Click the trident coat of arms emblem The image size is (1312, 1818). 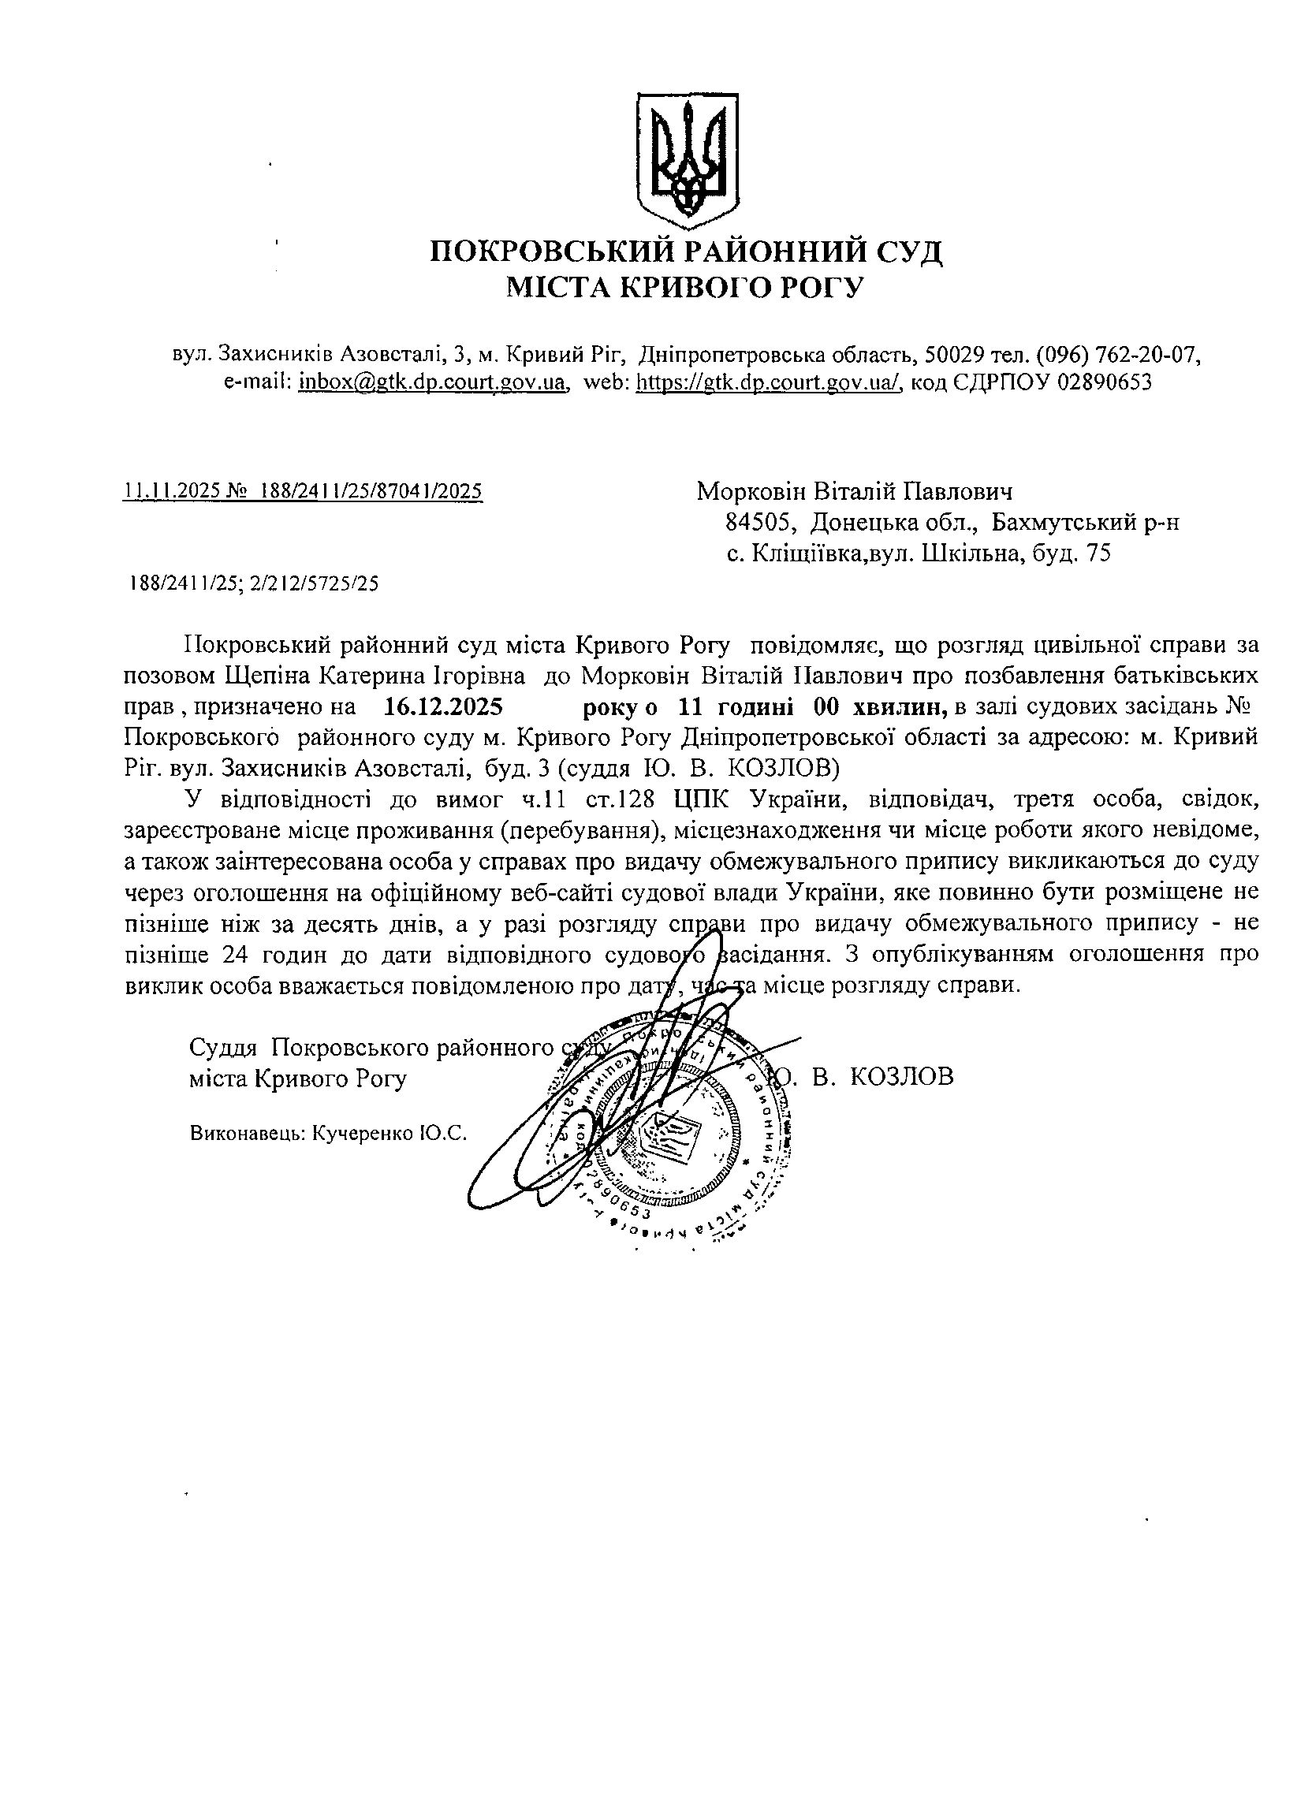click(686, 159)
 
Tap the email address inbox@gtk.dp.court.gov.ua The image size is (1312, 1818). click(433, 382)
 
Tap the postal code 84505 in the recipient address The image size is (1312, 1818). click(760, 523)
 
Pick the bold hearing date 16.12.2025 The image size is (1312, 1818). click(443, 707)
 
